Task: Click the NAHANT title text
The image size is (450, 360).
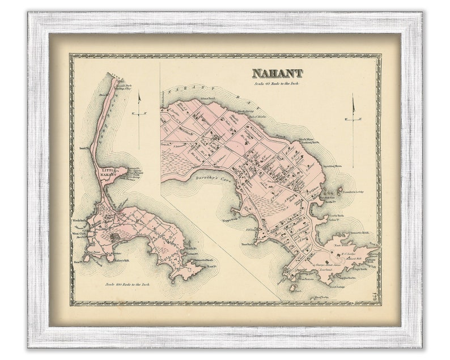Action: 277,73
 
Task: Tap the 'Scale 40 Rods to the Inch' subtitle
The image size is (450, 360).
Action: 277,82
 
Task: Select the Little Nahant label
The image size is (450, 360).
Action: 107,172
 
